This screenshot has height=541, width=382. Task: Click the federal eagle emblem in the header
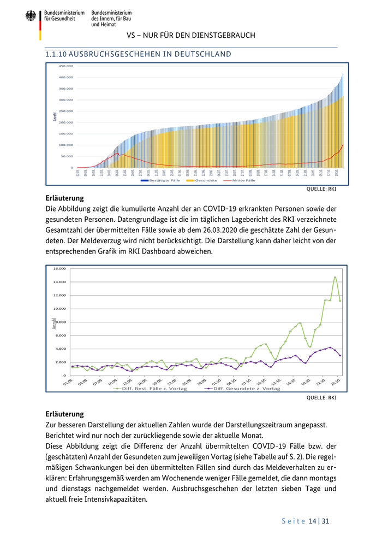tap(31, 16)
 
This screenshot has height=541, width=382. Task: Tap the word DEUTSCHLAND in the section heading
tap(201, 55)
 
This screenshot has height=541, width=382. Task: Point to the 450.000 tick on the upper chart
tap(66, 66)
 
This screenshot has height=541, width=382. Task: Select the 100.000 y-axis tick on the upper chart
tap(66, 145)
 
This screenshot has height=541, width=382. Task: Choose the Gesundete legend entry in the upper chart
tap(207, 180)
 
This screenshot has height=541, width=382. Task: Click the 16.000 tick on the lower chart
tap(58, 269)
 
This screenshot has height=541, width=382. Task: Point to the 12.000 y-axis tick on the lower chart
tap(58, 296)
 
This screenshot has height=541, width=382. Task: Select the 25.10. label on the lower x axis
tap(337, 381)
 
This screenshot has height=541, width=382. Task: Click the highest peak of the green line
tap(335, 277)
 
